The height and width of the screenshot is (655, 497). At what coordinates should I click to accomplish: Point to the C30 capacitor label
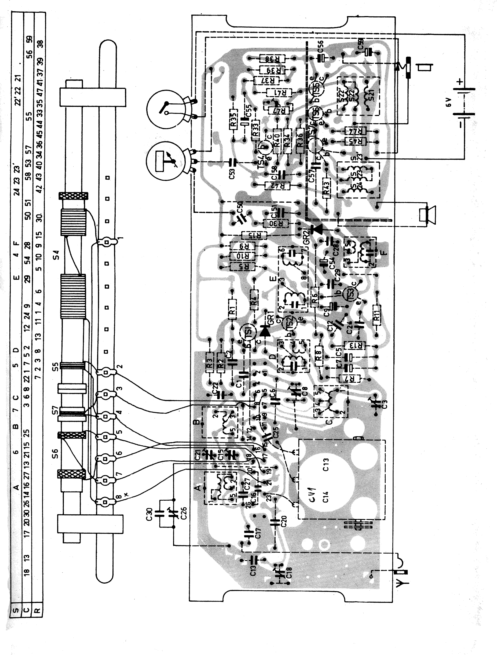pyautogui.click(x=149, y=515)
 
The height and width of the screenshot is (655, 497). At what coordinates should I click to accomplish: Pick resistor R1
pyautogui.click(x=233, y=310)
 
